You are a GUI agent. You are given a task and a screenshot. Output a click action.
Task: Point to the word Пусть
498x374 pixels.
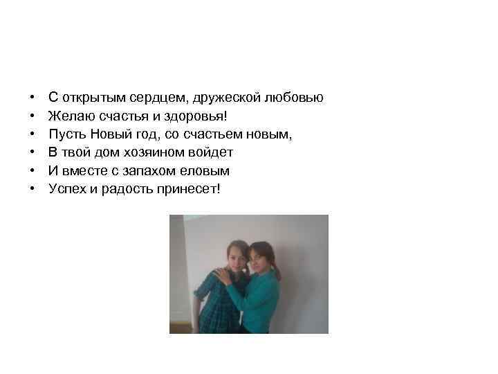pos(66,134)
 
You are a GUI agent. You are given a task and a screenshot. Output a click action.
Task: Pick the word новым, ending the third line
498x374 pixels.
pos(270,134)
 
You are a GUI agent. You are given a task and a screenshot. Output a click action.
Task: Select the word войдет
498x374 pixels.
pos(211,152)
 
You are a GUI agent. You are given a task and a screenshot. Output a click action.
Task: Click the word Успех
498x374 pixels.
pos(66,188)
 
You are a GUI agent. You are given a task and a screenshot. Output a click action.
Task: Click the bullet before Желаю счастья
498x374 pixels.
pos(33,116)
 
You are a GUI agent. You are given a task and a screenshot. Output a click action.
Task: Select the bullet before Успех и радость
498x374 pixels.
pos(33,189)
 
